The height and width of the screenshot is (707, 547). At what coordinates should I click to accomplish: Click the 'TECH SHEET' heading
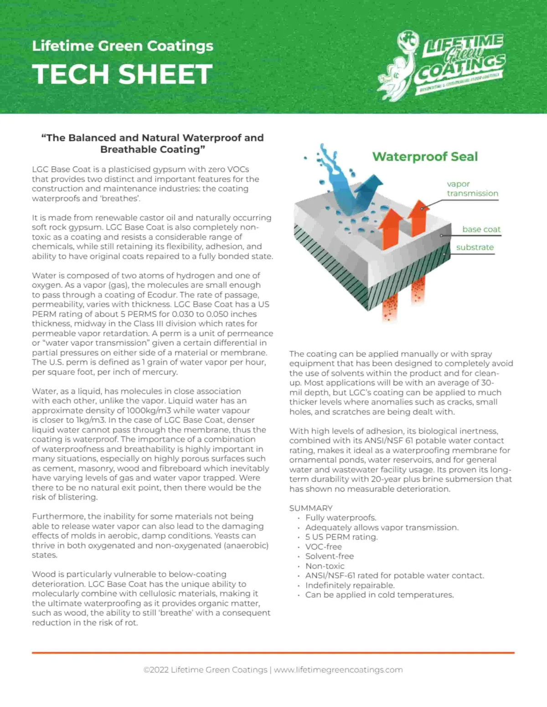coord(122,74)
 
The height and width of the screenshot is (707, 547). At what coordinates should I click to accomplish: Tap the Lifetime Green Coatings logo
coord(441,62)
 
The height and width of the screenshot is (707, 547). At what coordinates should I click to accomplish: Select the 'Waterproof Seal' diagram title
coord(425,157)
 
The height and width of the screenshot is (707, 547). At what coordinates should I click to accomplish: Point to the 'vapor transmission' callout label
coord(472,189)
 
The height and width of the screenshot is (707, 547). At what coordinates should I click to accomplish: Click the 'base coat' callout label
coord(481,229)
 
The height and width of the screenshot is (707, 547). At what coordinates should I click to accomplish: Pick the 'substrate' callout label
coord(475,247)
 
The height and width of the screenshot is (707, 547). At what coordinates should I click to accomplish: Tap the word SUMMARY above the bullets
coord(311,508)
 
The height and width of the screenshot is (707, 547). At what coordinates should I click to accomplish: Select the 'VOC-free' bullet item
coord(323,547)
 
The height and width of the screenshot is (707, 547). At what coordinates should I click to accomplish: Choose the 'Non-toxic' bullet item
coord(325,566)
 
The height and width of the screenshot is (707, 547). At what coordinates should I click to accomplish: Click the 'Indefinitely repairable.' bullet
coord(350,585)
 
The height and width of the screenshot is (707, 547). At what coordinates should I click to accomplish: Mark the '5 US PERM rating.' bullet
coord(341,537)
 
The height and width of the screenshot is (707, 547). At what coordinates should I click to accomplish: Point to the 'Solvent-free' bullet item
coord(329,556)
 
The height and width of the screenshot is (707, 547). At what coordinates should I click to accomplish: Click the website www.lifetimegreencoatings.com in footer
coord(338,670)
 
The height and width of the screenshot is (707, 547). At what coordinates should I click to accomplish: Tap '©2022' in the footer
coord(156,670)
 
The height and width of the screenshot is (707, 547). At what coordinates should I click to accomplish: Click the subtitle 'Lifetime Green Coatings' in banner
coord(123,46)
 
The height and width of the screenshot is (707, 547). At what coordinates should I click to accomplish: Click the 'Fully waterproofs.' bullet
coord(341,518)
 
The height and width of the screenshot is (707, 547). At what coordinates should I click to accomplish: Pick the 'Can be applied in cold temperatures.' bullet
coord(379,595)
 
